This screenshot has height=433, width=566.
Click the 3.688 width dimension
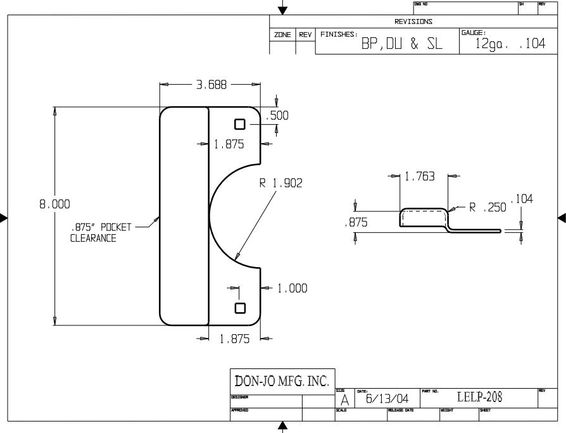click(x=210, y=84)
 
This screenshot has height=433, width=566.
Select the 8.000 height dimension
click(x=54, y=204)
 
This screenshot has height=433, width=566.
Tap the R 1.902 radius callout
click(x=280, y=184)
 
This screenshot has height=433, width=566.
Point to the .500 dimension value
click(x=277, y=115)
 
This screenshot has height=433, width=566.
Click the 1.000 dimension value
click(x=292, y=289)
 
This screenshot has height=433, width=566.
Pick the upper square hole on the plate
click(x=240, y=123)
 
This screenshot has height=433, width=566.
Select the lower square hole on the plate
click(x=240, y=308)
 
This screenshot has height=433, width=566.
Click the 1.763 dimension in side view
click(x=420, y=177)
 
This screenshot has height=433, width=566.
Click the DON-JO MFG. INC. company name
click(x=282, y=381)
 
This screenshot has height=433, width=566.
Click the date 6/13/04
click(x=386, y=399)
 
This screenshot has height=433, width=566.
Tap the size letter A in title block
click(x=344, y=400)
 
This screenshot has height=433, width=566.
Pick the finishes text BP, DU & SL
click(x=401, y=45)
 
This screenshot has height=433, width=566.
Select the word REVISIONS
click(x=414, y=22)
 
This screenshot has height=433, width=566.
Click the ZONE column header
click(x=282, y=35)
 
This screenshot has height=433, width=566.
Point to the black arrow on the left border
click(x=4, y=218)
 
